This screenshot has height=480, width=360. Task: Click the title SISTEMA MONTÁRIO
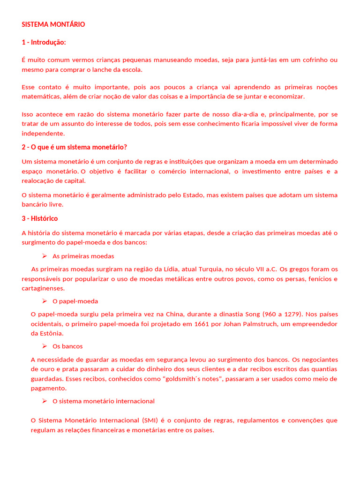53,24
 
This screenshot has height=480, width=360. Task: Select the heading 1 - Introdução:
44,43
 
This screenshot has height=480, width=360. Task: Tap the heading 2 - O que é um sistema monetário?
74,147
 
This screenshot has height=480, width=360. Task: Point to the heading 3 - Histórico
40,218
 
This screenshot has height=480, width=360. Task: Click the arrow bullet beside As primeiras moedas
45,256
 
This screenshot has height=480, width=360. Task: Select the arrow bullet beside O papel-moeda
45,301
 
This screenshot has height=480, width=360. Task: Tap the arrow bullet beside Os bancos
45,346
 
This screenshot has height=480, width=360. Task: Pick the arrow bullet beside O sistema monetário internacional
45,401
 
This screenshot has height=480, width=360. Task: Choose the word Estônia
52,333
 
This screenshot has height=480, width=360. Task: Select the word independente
43,133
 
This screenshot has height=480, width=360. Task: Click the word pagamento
48,388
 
